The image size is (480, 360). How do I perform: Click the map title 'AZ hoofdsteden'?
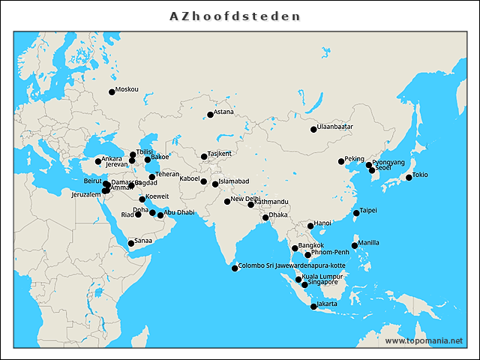(235, 16)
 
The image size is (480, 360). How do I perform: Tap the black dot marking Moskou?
(112, 92)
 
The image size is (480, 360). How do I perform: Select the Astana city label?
(224, 112)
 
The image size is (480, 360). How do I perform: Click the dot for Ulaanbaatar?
(313, 130)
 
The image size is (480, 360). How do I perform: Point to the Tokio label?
(420, 175)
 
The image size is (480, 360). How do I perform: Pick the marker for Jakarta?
(313, 307)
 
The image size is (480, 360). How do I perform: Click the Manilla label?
(369, 242)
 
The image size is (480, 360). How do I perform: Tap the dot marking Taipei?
(356, 214)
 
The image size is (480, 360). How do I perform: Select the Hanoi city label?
(322, 223)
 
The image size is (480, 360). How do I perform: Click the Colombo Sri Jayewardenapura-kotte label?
(292, 265)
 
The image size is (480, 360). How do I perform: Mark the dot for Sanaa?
(131, 243)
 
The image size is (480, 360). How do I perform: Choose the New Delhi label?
(245, 199)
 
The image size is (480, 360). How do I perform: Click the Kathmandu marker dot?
(251, 205)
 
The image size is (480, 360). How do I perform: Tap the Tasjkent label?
(220, 154)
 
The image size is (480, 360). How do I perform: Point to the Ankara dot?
(98, 161)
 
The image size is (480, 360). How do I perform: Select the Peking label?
(354, 158)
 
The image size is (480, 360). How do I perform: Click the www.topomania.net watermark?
(424, 340)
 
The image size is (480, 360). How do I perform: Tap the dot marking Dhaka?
(265, 218)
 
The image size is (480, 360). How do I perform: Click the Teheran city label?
(167, 175)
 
